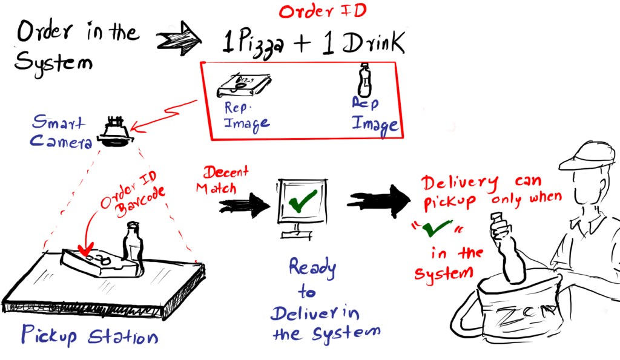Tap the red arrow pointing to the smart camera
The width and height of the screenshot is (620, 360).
[x=163, y=115]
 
